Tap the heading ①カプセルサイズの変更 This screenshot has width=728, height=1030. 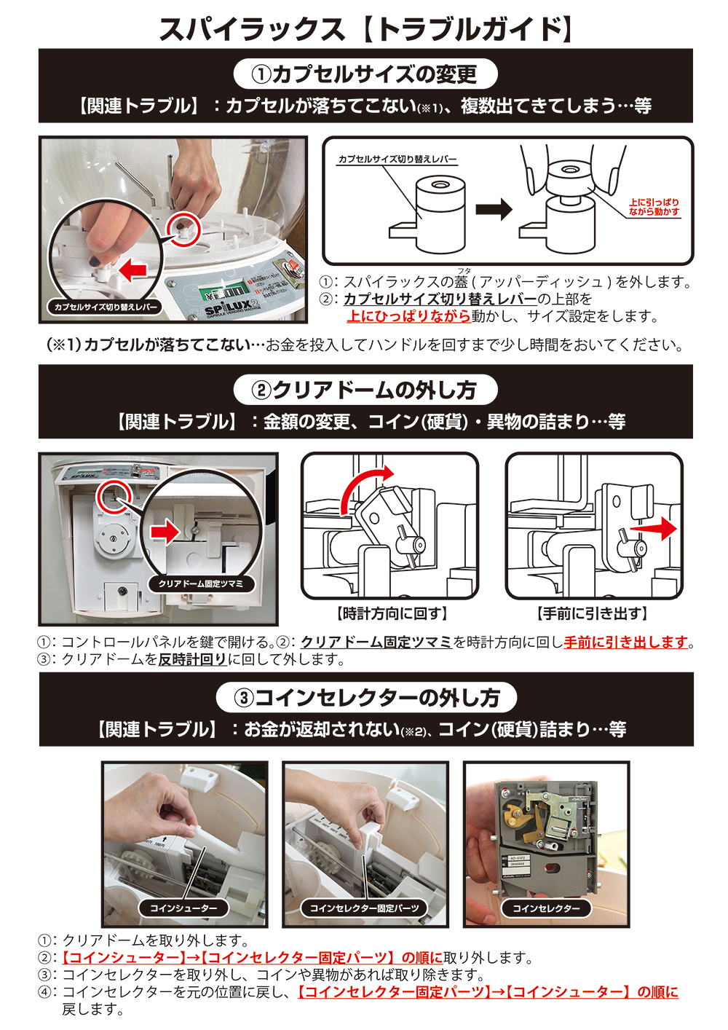point(365,74)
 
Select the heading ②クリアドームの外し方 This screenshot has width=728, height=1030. point(365,390)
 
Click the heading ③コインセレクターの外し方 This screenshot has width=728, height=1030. point(366,698)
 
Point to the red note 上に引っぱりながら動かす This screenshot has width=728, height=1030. point(654,207)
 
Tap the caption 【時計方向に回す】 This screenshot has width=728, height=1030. point(391,614)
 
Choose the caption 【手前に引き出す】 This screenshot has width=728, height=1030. point(593,614)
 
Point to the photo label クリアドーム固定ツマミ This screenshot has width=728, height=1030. point(201,583)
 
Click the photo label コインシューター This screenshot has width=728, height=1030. point(183,908)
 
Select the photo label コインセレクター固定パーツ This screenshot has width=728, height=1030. point(364,908)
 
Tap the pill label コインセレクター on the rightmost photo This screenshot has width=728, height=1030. point(546,908)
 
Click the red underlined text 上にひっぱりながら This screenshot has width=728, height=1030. point(408,316)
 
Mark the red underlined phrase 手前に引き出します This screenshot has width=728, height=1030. point(626,642)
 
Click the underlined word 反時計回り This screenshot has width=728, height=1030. point(193,659)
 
